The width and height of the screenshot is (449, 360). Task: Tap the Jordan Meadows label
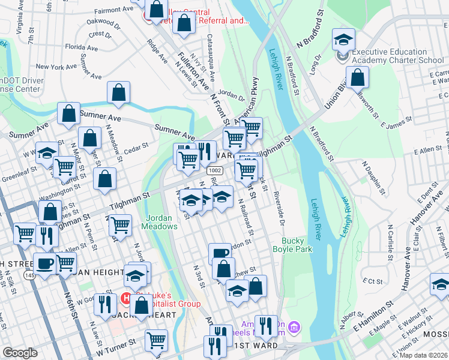tap(159, 222)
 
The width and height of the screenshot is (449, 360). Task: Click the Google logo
tap(20, 353)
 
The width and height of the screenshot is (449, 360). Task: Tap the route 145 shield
tap(29, 275)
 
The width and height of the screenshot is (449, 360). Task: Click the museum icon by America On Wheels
tap(294, 327)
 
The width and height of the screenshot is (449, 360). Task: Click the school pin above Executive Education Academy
tap(343, 40)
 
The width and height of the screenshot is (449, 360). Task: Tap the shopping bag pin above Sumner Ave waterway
tap(119, 92)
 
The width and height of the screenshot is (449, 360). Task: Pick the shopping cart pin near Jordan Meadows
tap(121, 226)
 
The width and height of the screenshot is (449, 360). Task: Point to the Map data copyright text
tap(423, 355)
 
